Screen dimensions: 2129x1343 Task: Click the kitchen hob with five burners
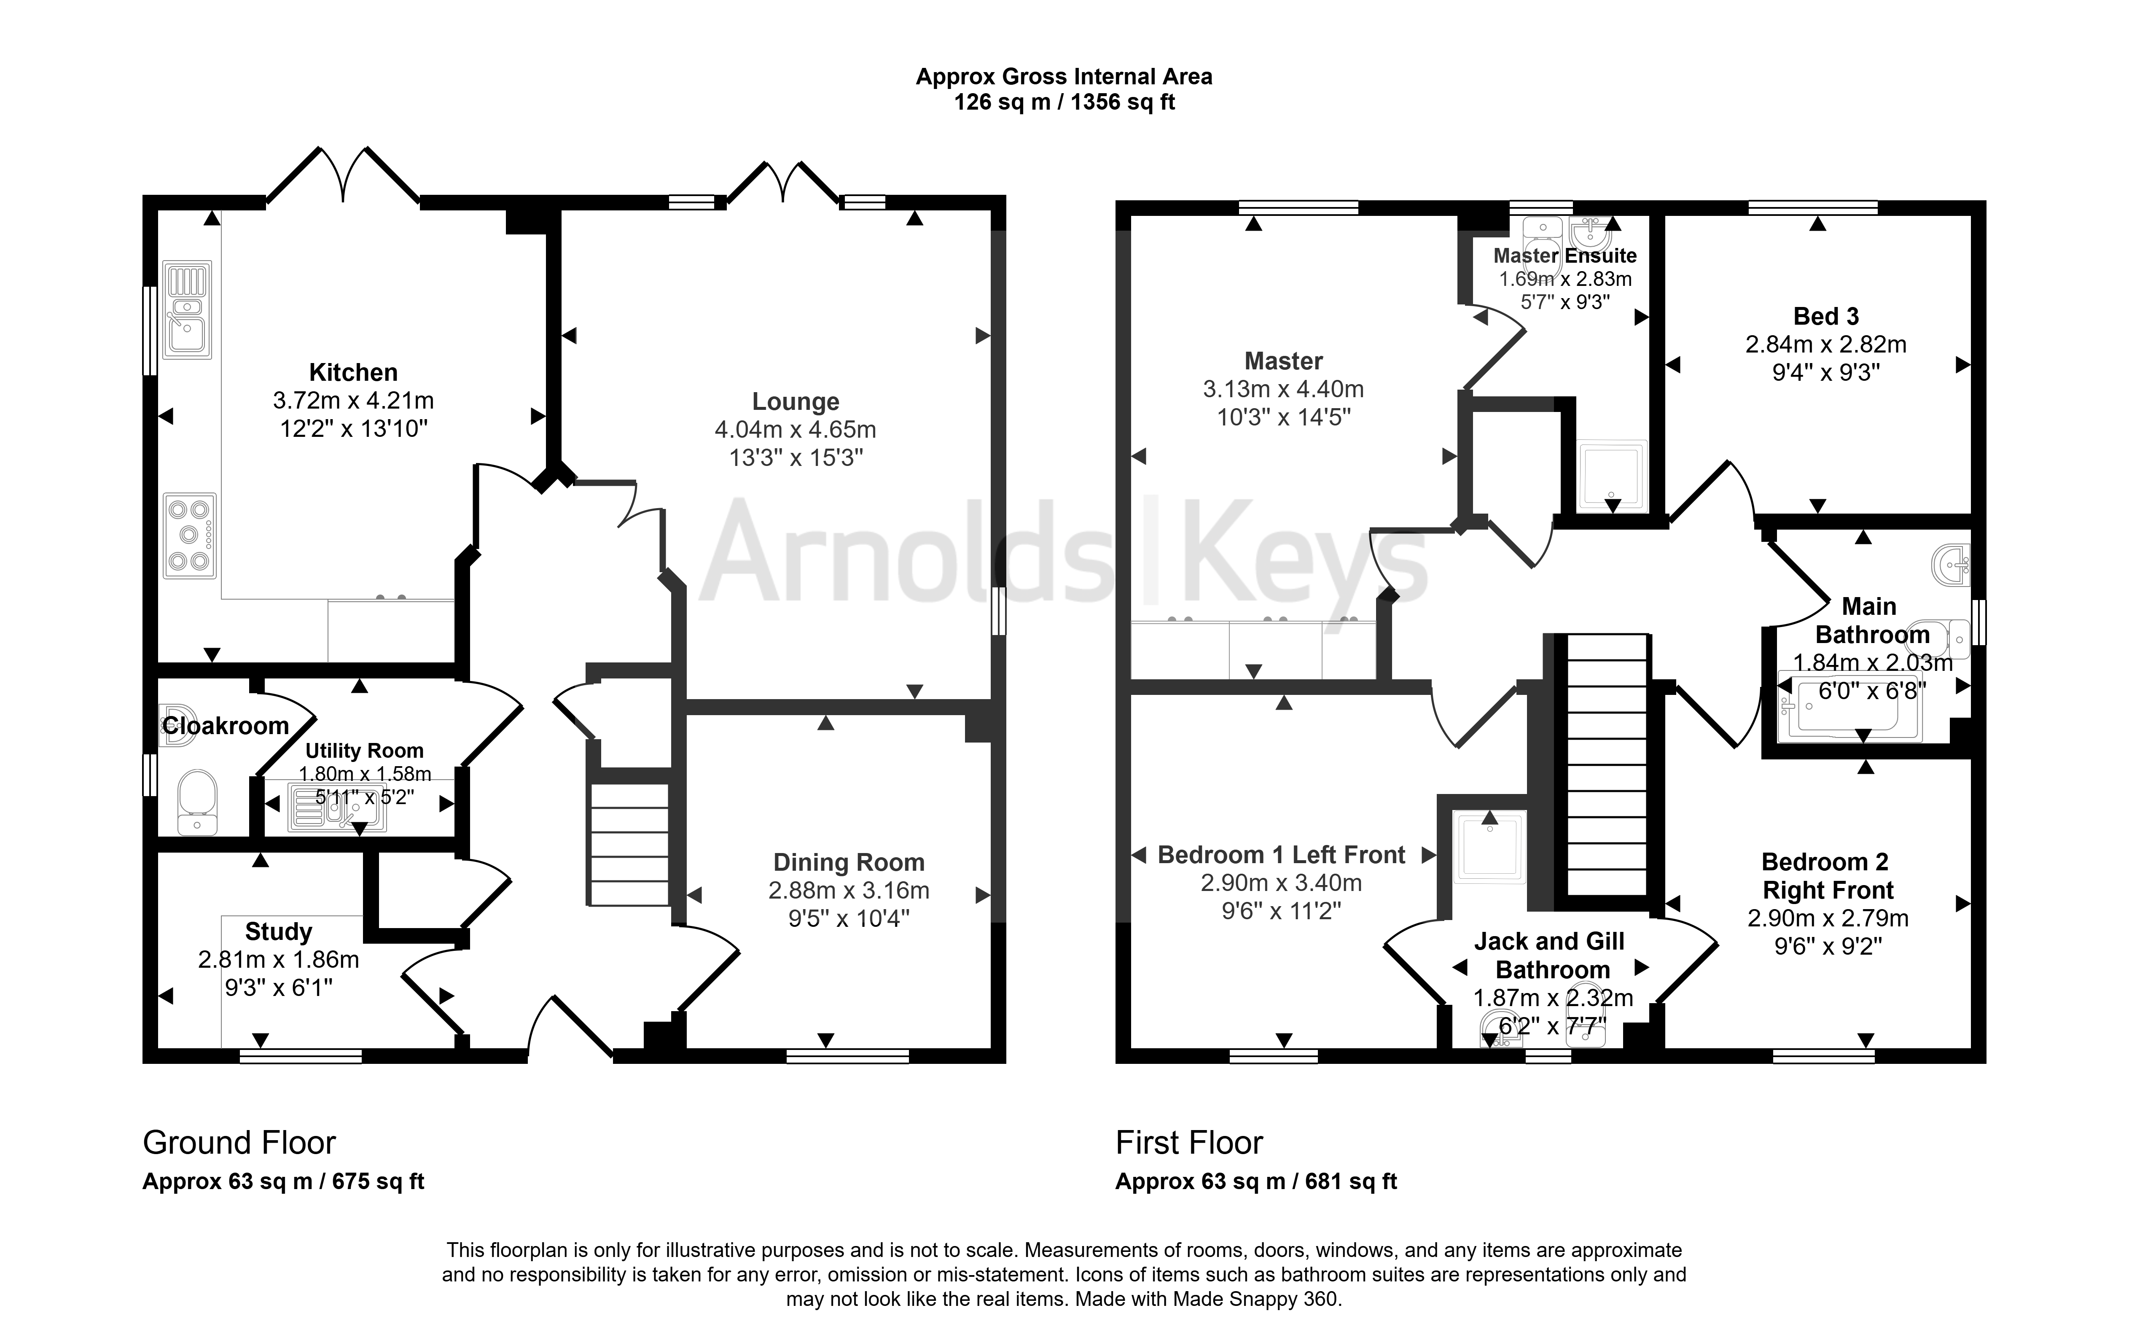pos(189,536)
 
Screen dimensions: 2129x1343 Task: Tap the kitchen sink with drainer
pos(187,310)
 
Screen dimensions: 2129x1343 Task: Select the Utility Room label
pos(364,751)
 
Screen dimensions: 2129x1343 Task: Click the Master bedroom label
pos(1284,361)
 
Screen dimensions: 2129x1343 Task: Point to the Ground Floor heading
pos(239,1143)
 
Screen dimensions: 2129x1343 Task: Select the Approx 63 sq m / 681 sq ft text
pos(1256,1182)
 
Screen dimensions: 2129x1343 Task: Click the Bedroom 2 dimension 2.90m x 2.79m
pos(1828,919)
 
